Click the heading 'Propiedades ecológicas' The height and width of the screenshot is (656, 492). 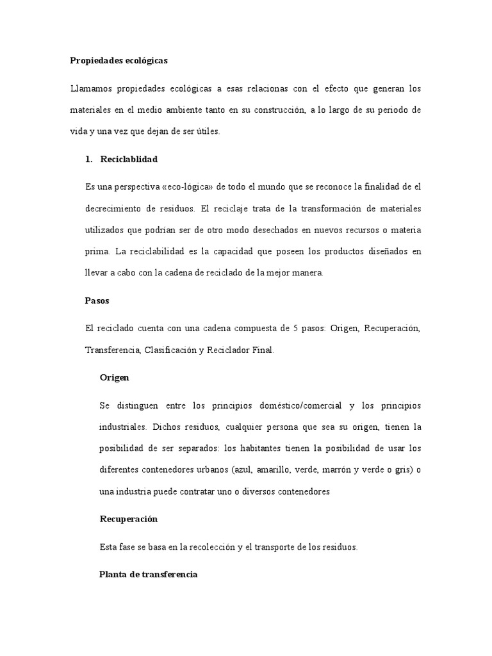coord(119,61)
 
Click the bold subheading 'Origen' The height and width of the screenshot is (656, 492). coord(115,377)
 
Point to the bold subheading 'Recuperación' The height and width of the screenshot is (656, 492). coord(129,518)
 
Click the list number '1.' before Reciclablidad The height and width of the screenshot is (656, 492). coord(89,159)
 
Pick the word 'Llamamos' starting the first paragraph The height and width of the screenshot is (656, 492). coord(90,88)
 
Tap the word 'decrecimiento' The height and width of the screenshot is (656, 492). coord(116,209)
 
